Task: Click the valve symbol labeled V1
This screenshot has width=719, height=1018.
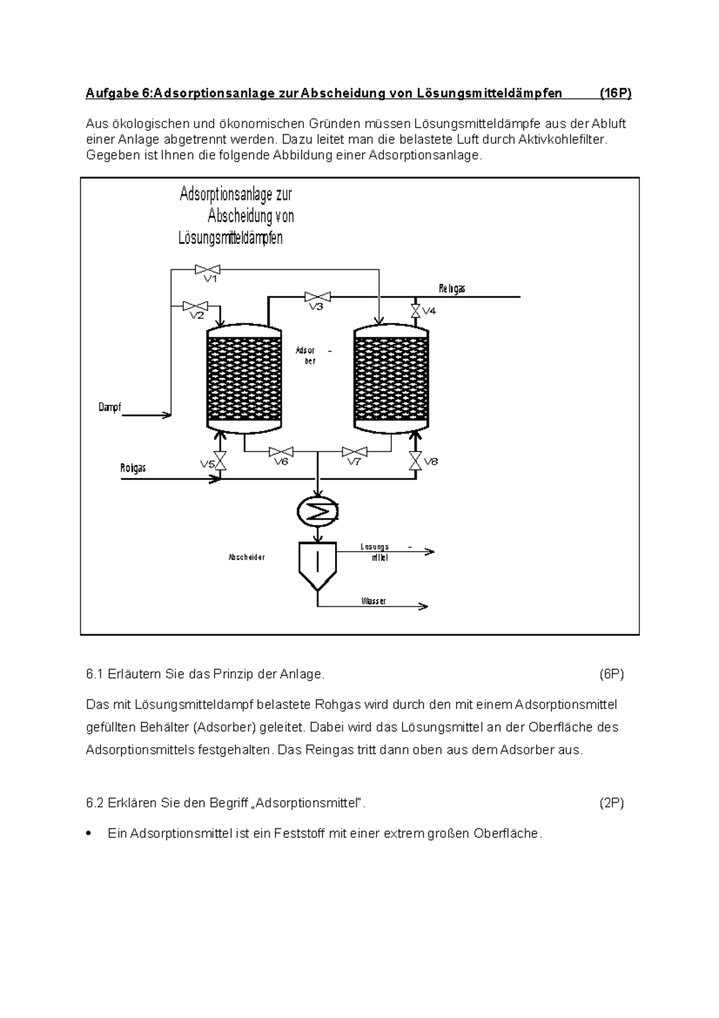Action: tap(207, 269)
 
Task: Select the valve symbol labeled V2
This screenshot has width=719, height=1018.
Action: tap(195, 306)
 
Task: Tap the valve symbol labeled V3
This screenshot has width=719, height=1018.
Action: tap(317, 296)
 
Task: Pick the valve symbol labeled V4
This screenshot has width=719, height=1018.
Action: tap(415, 311)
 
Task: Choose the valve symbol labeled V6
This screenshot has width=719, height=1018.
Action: tap(280, 451)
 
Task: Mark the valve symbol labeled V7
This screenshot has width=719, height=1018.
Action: tap(354, 451)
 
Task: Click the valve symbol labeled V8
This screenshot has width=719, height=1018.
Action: tap(415, 461)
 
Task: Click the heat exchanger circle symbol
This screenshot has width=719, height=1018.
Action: tap(318, 510)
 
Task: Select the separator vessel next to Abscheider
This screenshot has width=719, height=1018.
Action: tap(318, 564)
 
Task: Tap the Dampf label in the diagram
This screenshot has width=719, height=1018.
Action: tap(110, 408)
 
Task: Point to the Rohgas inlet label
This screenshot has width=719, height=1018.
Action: tap(133, 468)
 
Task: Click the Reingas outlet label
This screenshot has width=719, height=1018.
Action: tap(452, 289)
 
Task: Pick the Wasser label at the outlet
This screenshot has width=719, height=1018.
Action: tap(373, 601)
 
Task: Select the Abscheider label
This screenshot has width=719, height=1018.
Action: tap(246, 557)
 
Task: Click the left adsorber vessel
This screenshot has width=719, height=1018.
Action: tap(244, 379)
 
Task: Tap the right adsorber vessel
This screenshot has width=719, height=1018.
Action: tap(391, 379)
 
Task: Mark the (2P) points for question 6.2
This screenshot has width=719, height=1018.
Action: tap(612, 803)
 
